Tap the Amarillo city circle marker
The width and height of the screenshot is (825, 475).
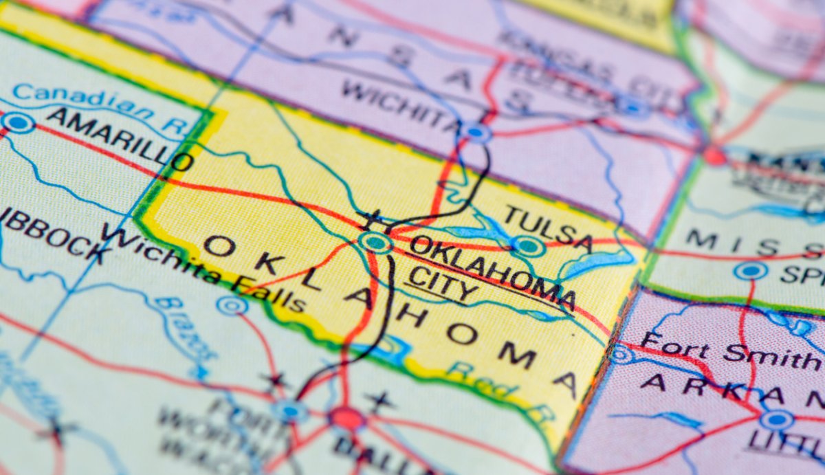(18, 122)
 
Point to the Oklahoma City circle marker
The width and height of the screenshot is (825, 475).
(376, 242)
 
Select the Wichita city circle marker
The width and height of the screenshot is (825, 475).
(475, 131)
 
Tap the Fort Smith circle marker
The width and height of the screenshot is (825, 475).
(621, 354)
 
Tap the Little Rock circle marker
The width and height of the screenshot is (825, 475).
(776, 419)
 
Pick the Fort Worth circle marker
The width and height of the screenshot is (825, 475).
(289, 410)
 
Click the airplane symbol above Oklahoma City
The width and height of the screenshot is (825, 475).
(374, 222)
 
